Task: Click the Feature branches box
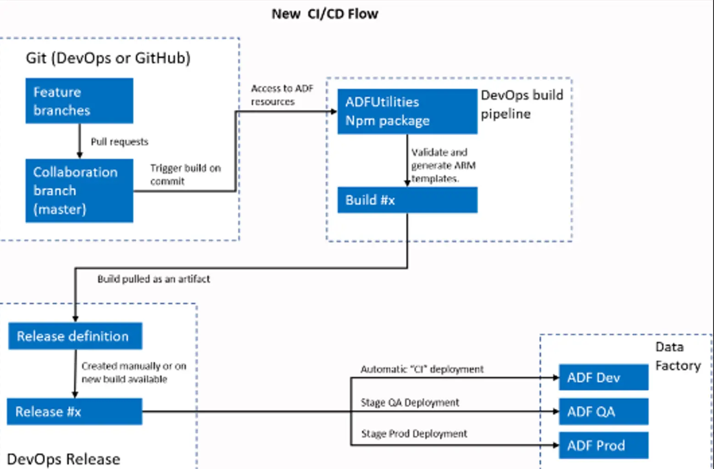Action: click(79, 101)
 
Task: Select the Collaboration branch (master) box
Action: click(79, 191)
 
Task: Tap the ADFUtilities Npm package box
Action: click(407, 111)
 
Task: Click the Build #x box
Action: click(407, 200)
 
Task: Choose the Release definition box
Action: click(75, 336)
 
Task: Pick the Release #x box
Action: click(75, 411)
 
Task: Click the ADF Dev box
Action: click(603, 377)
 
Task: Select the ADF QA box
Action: click(603, 411)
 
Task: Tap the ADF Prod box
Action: click(603, 446)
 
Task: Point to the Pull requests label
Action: click(120, 142)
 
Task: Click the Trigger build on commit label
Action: click(186, 175)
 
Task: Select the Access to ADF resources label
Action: click(282, 95)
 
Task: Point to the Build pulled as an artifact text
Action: click(154, 279)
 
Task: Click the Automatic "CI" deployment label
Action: click(422, 369)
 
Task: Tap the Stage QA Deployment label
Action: click(410, 403)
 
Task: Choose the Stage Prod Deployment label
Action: click(414, 434)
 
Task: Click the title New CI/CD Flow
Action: click(325, 14)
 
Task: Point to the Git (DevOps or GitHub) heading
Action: click(108, 58)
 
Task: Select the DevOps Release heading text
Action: click(63, 459)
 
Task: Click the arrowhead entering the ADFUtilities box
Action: click(334, 111)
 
